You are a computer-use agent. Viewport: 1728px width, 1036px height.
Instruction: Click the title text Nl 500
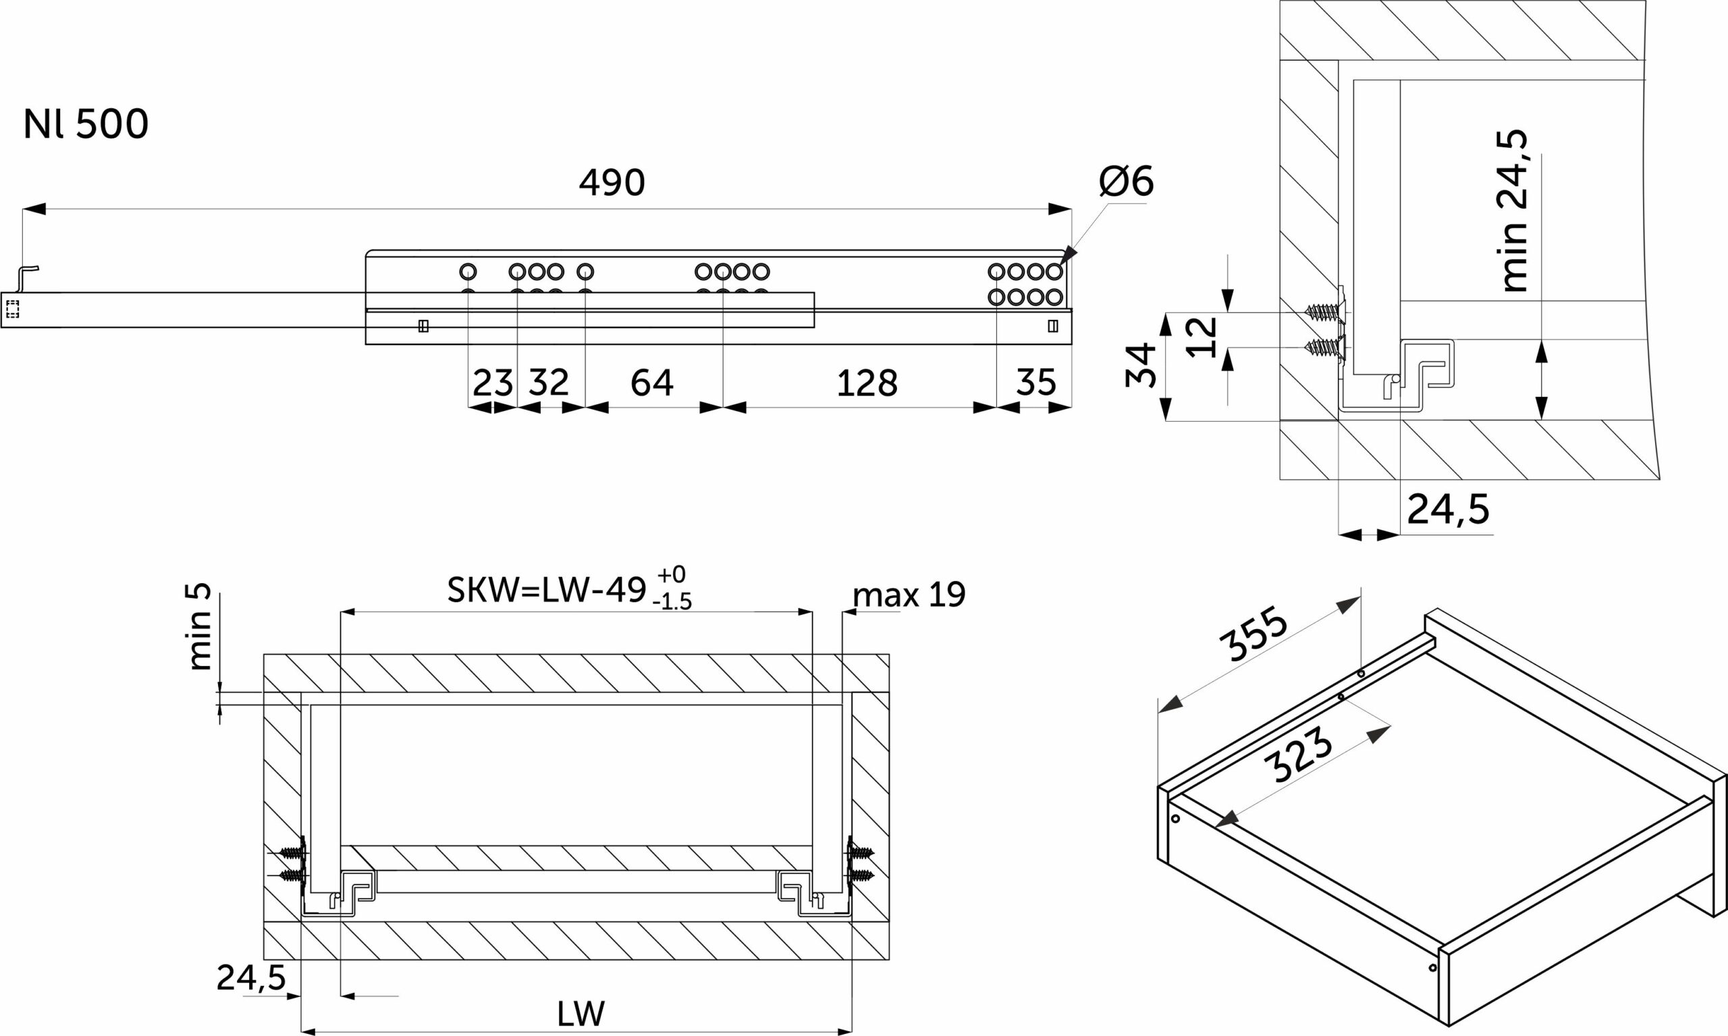(86, 124)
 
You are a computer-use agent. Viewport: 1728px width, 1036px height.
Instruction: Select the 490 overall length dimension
(612, 183)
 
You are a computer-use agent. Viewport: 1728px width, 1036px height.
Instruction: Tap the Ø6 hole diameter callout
(1126, 182)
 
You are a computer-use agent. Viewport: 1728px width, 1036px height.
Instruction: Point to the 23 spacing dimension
(492, 383)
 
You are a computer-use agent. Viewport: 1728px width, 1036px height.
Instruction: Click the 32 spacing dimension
(549, 383)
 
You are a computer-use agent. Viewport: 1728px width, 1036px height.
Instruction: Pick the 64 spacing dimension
(651, 383)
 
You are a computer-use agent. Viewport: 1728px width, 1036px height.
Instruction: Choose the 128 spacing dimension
(867, 383)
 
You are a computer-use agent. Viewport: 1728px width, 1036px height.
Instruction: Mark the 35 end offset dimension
(1036, 383)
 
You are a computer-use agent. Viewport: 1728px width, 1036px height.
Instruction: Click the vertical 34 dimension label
(1141, 365)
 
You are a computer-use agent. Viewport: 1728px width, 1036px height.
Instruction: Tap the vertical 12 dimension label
(1202, 337)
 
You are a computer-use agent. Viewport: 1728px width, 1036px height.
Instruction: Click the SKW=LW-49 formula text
(547, 591)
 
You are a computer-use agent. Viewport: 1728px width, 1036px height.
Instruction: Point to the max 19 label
(909, 595)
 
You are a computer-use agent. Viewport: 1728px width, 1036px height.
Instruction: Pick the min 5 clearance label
(200, 627)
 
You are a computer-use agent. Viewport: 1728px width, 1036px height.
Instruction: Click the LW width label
(581, 1014)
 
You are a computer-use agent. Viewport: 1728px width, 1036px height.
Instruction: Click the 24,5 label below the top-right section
(1449, 510)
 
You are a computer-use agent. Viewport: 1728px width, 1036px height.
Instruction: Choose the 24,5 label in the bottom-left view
(251, 978)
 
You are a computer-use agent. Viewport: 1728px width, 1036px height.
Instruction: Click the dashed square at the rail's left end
(13, 309)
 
